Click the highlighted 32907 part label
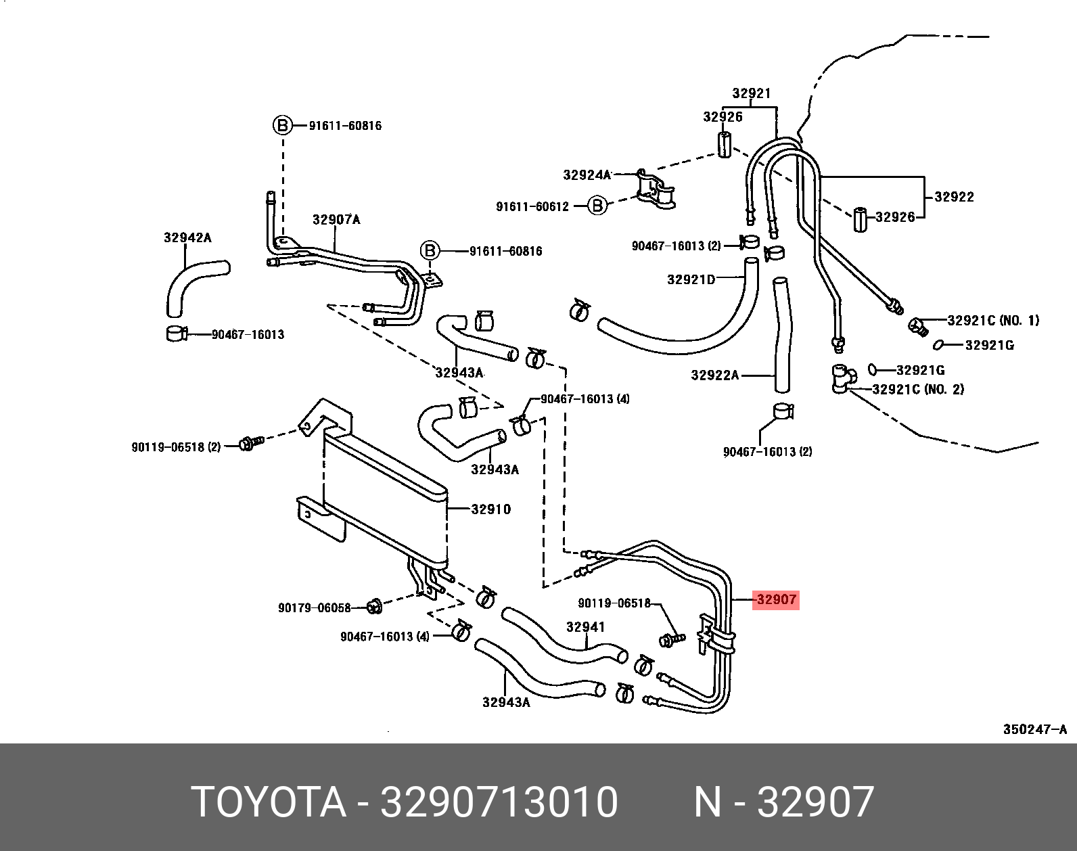click(x=776, y=599)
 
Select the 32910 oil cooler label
click(x=491, y=509)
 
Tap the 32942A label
click(x=187, y=237)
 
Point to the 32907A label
click(x=336, y=220)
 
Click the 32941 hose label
click(x=585, y=627)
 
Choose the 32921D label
click(x=691, y=279)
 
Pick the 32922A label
click(x=715, y=375)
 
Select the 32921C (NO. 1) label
click(x=993, y=321)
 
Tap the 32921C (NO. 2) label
click(x=918, y=390)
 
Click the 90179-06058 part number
click(x=315, y=607)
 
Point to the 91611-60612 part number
click(x=533, y=206)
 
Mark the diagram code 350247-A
click(x=1034, y=729)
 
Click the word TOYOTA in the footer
click(x=269, y=802)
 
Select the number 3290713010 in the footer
click(x=499, y=802)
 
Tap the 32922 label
click(x=954, y=197)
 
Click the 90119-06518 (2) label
click(x=176, y=447)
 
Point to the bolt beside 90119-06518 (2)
click(x=248, y=444)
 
